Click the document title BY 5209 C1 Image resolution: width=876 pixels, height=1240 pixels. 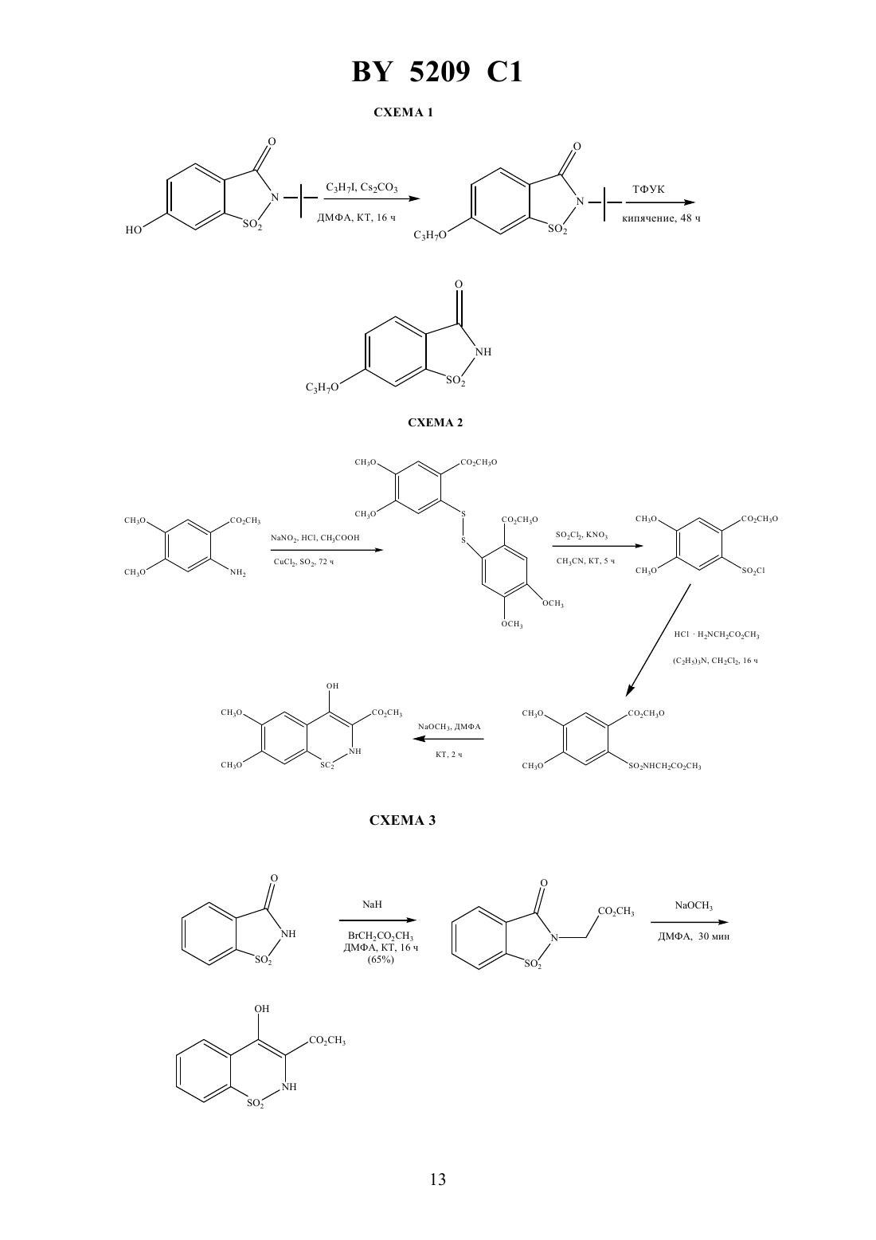click(437, 72)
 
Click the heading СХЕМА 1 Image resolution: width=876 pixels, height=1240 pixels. click(403, 112)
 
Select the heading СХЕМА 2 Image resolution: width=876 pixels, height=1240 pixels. click(436, 422)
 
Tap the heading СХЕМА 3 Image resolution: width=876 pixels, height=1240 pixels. click(402, 820)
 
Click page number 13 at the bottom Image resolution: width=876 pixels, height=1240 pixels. click(437, 1179)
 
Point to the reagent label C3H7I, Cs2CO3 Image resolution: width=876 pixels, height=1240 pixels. click(362, 187)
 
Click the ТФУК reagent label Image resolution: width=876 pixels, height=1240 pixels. click(648, 190)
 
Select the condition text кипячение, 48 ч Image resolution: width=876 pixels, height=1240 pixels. click(661, 218)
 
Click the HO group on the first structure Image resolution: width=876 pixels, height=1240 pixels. click(133, 230)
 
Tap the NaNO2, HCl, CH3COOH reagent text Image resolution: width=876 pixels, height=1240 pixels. click(315, 537)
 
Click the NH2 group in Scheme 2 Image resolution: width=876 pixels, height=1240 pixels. click(238, 573)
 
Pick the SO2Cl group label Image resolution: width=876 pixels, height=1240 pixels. click(753, 571)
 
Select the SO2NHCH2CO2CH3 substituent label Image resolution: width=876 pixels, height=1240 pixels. click(665, 766)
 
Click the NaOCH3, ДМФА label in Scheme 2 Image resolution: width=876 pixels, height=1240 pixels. click(449, 726)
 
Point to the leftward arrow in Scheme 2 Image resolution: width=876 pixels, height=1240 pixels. click(448, 739)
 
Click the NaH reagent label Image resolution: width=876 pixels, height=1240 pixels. click(372, 904)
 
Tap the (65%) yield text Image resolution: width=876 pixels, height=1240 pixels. click(381, 959)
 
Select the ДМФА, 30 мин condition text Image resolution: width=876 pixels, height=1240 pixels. click(694, 936)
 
